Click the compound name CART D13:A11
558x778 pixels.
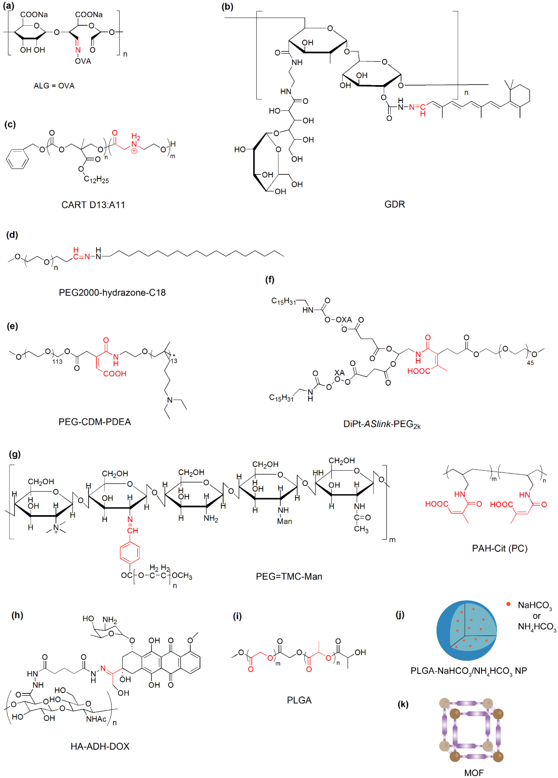tap(93, 205)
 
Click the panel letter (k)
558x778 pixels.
tap(403, 704)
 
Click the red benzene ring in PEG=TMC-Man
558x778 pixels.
tap(130, 552)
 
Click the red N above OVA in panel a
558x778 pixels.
tap(78, 50)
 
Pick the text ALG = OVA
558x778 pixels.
tap(54, 86)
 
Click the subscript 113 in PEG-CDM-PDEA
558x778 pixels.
tap(57, 361)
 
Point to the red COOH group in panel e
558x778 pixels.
tap(115, 373)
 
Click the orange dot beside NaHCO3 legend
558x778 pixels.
tap(508, 604)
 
